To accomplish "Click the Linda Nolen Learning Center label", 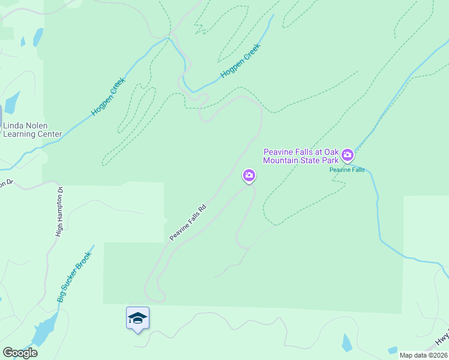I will click(x=32, y=130).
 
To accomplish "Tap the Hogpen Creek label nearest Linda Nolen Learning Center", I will click(x=108, y=97).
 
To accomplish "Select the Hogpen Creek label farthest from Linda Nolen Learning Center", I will click(x=240, y=61).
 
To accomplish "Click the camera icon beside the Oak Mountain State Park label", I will click(x=348, y=156).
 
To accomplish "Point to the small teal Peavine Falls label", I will click(x=347, y=170).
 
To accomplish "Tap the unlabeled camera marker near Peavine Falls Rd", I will click(x=249, y=176).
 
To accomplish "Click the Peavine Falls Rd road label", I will click(x=188, y=223).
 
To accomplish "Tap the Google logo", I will click(x=20, y=352).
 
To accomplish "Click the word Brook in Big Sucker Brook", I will click(x=85, y=257).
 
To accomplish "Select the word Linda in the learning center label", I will click(x=15, y=126).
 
